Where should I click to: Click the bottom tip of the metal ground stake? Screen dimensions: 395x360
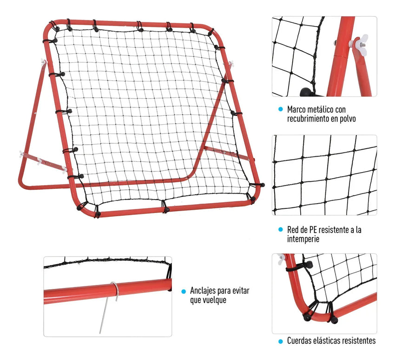click(100, 333)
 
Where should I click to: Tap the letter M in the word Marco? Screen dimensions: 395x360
click(290, 109)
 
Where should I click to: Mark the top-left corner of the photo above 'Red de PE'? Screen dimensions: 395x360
click(272, 135)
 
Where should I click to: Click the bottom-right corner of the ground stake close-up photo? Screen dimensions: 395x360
click(172, 337)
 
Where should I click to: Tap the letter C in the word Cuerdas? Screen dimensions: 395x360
click(289, 341)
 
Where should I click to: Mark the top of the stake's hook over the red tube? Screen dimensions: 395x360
click(113, 283)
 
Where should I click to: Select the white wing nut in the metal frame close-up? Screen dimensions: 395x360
click(359, 44)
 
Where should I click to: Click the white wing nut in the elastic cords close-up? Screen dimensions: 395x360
click(282, 259)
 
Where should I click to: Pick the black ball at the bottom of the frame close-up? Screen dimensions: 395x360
click(306, 92)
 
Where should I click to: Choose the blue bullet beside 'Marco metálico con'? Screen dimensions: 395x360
click(280, 109)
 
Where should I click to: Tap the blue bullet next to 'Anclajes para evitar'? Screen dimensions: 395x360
click(184, 292)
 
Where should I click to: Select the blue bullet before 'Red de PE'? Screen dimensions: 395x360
click(280, 229)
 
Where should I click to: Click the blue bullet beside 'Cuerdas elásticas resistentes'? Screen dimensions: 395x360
click(280, 341)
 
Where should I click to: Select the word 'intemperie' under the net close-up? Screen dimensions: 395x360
click(303, 239)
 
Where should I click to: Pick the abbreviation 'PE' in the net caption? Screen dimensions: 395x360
click(313, 230)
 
